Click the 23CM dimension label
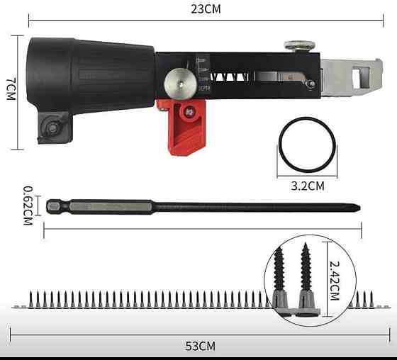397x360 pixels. (206, 9)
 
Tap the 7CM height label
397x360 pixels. (11, 89)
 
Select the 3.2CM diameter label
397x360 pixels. (308, 186)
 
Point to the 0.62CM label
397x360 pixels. (28, 206)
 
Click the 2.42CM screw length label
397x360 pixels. (335, 281)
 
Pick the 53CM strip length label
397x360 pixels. (200, 346)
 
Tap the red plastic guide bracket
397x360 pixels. (185, 127)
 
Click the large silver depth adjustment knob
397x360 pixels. (180, 84)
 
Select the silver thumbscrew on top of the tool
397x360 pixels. (300, 45)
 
